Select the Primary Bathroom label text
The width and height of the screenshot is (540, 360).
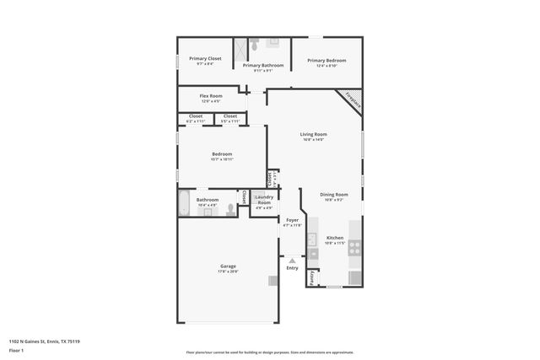[x=263, y=65]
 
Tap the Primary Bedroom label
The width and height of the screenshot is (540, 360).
[x=327, y=60]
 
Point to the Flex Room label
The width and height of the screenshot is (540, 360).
[x=211, y=96]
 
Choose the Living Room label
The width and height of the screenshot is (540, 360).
[x=314, y=134]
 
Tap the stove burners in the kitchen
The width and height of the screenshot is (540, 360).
[x=355, y=248]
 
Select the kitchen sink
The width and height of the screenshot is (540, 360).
[x=312, y=239]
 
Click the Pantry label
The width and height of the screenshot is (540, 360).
[x=312, y=277]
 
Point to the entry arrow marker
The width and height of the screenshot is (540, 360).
[x=292, y=261]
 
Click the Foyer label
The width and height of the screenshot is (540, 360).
[x=292, y=220]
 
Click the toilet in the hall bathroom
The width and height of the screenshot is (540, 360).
[x=229, y=212]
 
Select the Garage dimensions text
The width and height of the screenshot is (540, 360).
[x=228, y=271]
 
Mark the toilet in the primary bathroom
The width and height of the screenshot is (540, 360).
[x=274, y=42]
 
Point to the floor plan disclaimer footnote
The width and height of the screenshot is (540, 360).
[x=270, y=352]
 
